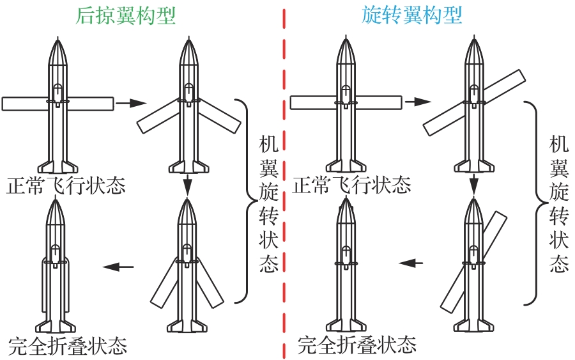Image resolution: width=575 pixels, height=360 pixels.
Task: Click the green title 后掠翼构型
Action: tap(125, 16)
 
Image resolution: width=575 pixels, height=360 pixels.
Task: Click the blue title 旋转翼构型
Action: tap(412, 16)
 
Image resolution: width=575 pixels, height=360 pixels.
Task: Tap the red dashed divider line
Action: tap(283, 179)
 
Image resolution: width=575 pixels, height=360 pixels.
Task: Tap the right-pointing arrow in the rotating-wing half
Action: tap(419, 102)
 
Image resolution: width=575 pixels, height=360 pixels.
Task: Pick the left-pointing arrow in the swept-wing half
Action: tap(119, 267)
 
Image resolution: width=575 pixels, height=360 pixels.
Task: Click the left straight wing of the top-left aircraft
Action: tap(24, 103)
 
